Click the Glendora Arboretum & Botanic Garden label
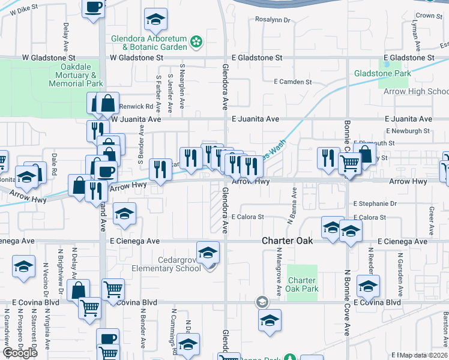149,42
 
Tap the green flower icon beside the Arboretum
196,41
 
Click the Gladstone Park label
382,73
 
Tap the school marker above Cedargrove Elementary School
208,253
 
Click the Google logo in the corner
20,353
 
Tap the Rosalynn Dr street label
273,20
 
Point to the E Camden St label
293,81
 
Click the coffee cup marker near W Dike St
94,8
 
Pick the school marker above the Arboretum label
155,21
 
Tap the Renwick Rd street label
131,106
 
